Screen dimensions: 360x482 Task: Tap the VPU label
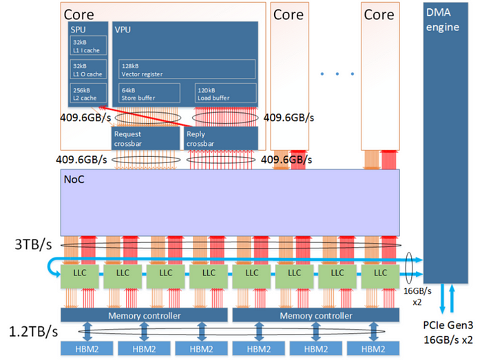pyautogui.click(x=123, y=30)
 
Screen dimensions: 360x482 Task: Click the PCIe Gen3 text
pyautogui.click(x=448, y=326)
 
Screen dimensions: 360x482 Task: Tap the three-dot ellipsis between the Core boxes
pyautogui.click(x=337, y=73)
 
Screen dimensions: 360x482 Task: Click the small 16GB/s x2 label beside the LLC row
pyautogui.click(x=415, y=296)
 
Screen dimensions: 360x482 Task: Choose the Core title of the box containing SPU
pyautogui.click(x=79, y=14)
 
